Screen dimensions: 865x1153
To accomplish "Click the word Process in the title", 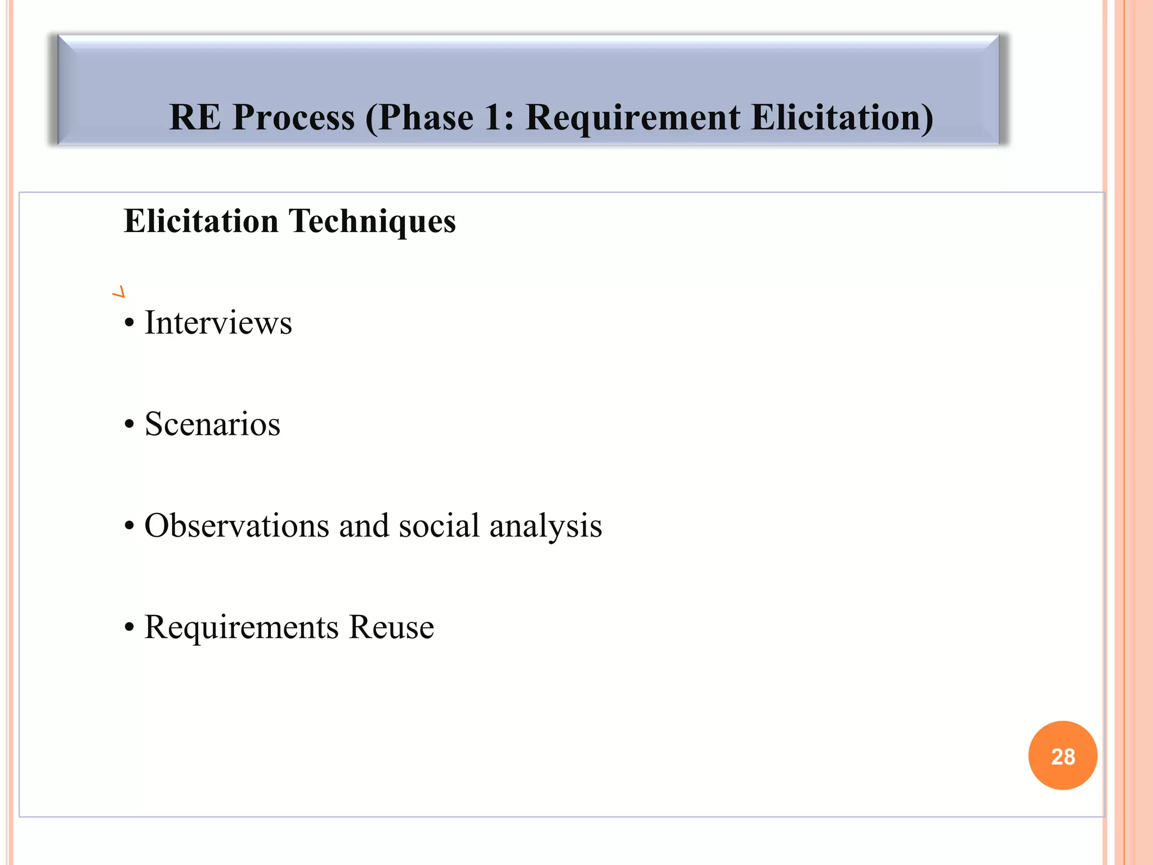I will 293,118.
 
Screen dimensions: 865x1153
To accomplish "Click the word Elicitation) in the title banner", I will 842,118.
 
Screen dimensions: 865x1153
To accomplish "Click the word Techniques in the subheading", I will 372,221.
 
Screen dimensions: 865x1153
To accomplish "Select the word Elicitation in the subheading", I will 201,221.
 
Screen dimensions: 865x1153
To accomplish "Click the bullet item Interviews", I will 218,323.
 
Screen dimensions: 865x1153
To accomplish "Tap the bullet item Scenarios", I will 212,424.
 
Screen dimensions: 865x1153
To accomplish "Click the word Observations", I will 236,525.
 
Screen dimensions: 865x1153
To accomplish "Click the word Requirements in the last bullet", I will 242,627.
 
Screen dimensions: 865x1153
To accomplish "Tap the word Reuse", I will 391,627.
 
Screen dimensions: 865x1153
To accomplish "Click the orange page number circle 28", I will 1062,756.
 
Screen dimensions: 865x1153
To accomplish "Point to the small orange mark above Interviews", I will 119,292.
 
